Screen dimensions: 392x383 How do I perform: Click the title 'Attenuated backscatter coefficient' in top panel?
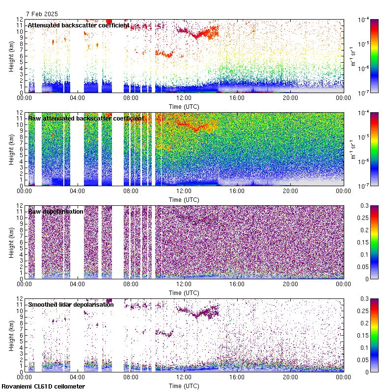(79, 25)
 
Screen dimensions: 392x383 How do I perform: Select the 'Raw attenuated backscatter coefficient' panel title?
(85, 118)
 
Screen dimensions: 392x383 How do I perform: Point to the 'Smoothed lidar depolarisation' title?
(71, 304)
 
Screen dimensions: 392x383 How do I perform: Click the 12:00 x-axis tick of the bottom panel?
(184, 377)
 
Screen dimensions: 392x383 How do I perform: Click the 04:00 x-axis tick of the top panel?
(78, 98)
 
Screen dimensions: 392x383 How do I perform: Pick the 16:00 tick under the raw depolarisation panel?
(237, 284)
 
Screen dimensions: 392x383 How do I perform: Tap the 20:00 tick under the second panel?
(290, 191)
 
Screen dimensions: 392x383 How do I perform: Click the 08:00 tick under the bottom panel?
(131, 377)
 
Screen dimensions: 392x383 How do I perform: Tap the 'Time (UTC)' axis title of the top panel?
(184, 106)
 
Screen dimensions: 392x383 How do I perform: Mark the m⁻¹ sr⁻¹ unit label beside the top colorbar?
(353, 55)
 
